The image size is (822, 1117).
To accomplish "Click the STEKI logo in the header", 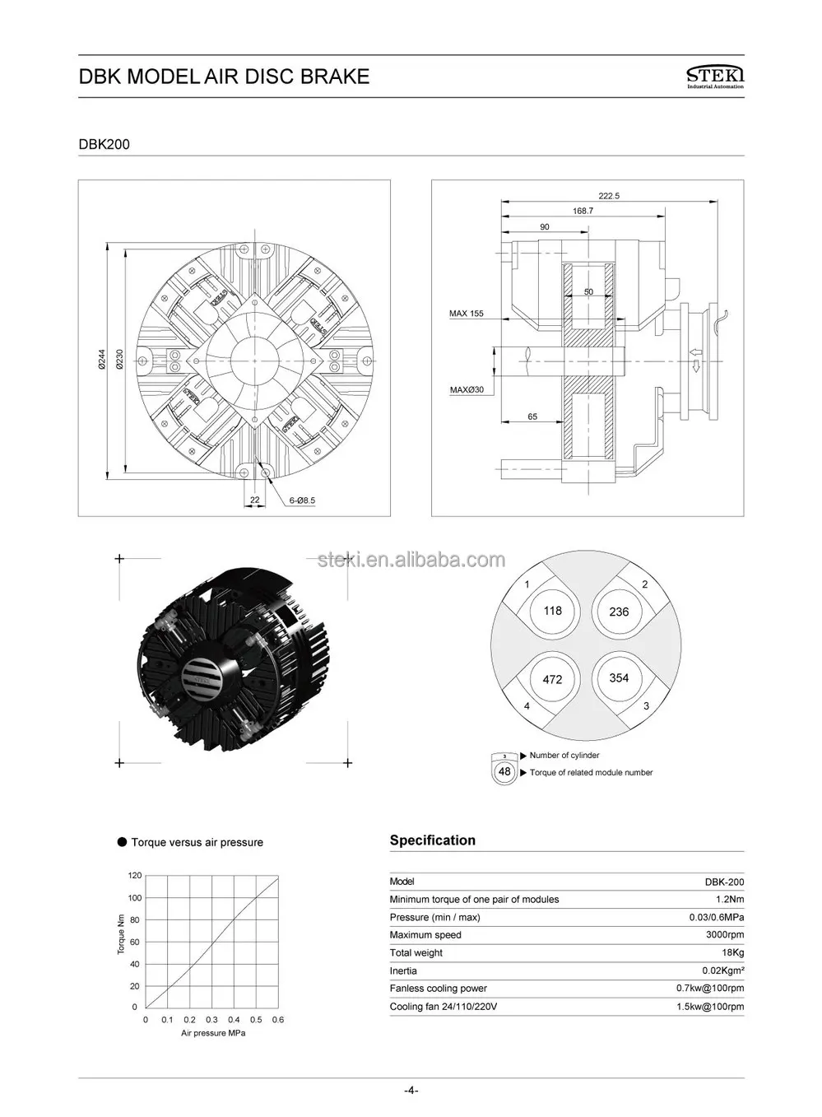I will (713, 77).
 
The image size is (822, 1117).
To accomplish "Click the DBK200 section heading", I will (104, 144).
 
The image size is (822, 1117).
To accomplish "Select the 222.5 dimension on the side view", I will (609, 196).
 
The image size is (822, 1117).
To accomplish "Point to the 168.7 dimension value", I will (583, 211).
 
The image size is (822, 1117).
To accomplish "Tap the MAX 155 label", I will (467, 314).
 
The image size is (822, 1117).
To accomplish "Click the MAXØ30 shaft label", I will (467, 389).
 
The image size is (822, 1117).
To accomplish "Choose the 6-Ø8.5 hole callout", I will (302, 500).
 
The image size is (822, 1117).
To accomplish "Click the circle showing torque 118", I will (552, 611).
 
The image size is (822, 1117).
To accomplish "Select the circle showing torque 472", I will (552, 679).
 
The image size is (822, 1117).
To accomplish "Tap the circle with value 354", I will (619, 678).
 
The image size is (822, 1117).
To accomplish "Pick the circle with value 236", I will (619, 612).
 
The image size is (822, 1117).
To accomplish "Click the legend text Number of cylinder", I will (564, 756).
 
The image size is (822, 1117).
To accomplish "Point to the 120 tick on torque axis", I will (135, 875).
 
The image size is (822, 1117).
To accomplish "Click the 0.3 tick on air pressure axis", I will (211, 1020).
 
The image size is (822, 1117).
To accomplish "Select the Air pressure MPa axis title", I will (213, 1033).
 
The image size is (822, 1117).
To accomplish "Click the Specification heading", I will (432, 840).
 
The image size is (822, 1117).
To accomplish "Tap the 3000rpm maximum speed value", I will (725, 935).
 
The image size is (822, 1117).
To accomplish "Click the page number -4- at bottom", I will (411, 1091).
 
